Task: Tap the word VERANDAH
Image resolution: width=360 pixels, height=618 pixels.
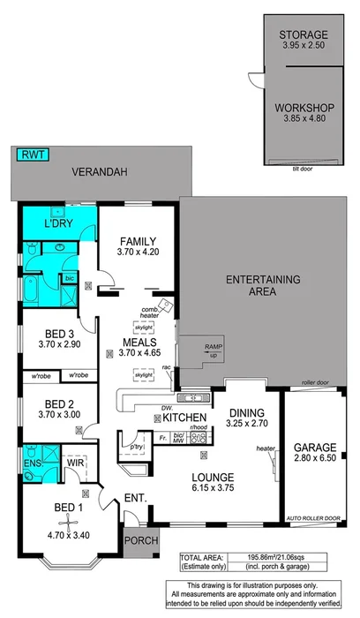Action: [x=96, y=173]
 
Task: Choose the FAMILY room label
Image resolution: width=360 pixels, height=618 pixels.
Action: [x=139, y=241]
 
